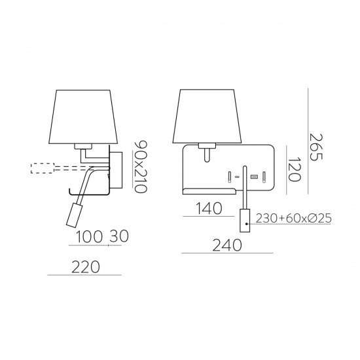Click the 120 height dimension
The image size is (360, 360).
pos(295,168)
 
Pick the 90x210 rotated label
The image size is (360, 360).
pos(138,165)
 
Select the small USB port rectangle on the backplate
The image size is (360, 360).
pos(253,177)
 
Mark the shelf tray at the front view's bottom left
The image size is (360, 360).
pos(210,190)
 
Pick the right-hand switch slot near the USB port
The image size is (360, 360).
pos(264,176)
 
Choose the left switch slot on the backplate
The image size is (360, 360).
pos(230,176)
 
